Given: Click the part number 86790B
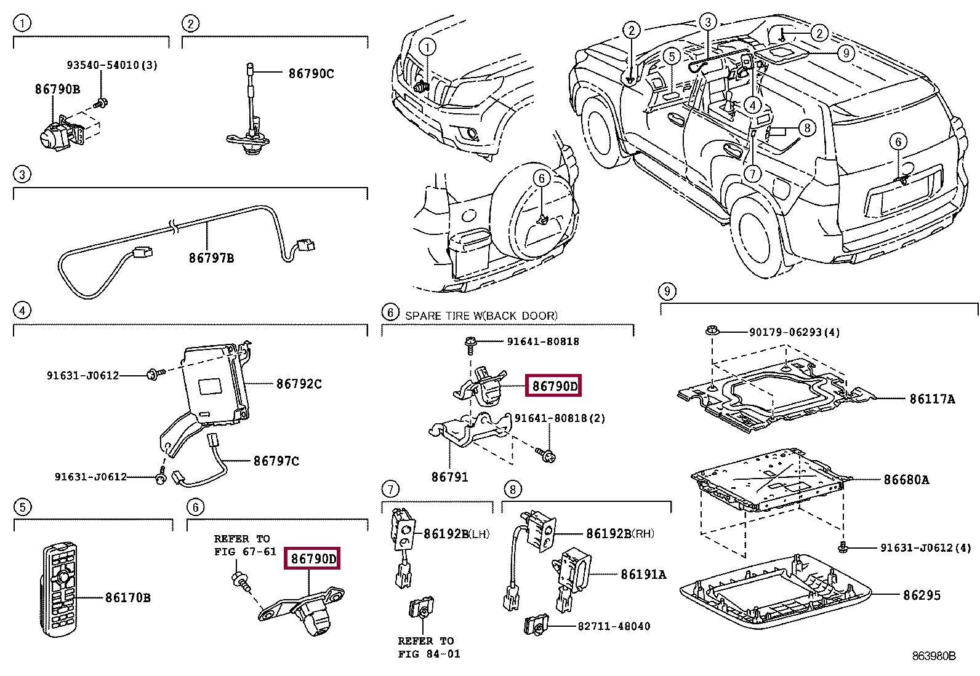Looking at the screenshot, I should [x=57, y=89].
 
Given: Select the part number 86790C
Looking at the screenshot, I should [x=311, y=74].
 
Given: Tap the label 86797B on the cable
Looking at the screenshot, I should [x=211, y=258].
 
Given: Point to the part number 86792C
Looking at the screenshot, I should [x=299, y=384].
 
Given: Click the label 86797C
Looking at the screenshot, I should [x=276, y=461].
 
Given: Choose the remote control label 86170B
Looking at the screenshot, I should [x=127, y=597].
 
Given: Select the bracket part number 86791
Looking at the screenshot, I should [x=449, y=477].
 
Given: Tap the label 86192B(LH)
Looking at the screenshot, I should [x=456, y=534].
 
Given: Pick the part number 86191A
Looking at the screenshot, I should [x=643, y=575].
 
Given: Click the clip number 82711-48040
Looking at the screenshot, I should [x=614, y=626].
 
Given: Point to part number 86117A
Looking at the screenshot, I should [x=932, y=399].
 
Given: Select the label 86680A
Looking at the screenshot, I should [x=906, y=480].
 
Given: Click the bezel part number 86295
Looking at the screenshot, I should [x=922, y=595].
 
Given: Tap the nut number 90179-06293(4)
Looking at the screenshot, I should [x=794, y=332].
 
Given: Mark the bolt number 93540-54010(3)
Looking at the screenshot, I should [x=112, y=65].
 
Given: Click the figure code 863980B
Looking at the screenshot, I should [x=934, y=656].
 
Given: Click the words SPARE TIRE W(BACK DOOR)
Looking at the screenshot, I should [x=481, y=316].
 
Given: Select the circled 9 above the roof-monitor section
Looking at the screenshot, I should [x=667, y=291].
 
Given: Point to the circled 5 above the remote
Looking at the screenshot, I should [x=22, y=507].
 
